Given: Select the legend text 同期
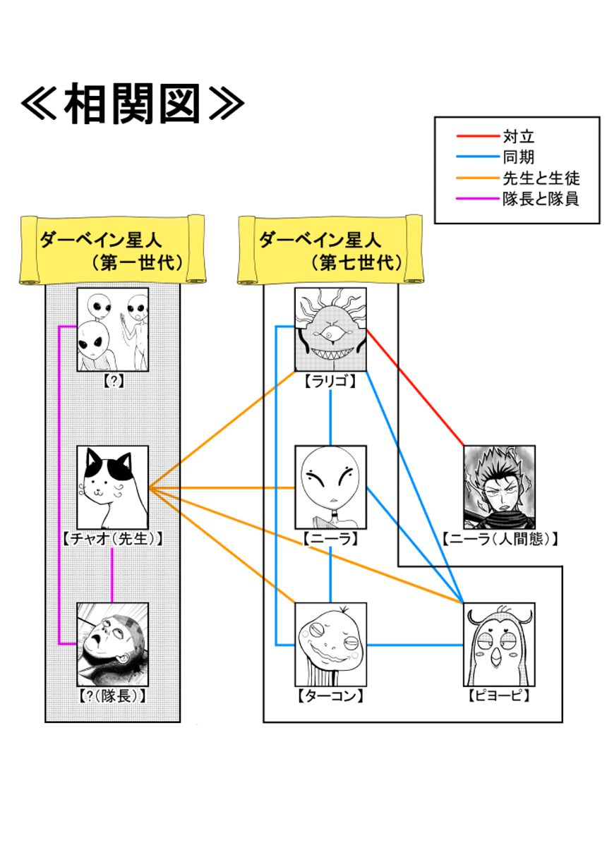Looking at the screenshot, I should click(x=518, y=157).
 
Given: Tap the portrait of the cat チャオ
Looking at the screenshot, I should click(x=113, y=487).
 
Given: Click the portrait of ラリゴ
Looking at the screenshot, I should click(x=330, y=329).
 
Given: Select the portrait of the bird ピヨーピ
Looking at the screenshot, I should click(x=500, y=644).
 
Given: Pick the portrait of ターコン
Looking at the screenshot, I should click(x=330, y=644).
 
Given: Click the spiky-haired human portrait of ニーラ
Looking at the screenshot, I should click(x=500, y=487).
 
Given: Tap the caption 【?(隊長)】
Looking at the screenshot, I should click(x=113, y=696).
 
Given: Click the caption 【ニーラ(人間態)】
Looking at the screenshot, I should click(x=502, y=539).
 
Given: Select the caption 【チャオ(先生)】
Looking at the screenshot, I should click(x=113, y=539).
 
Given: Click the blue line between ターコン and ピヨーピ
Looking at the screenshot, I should click(x=415, y=644).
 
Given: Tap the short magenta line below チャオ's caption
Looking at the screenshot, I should click(x=113, y=574).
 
